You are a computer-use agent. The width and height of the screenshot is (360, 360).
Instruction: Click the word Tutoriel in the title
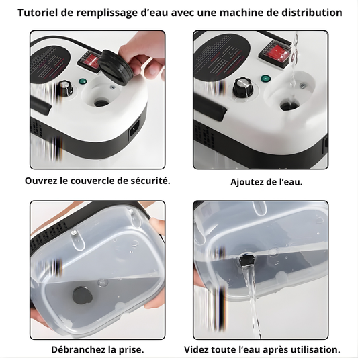[38, 12]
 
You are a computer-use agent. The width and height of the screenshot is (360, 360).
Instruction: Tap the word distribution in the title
[312, 12]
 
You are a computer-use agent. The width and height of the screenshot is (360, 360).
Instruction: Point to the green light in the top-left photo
[82, 81]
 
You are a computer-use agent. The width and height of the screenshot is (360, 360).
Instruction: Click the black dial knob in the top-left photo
[65, 88]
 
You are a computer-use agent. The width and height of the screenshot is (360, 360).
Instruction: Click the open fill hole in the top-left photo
[101, 102]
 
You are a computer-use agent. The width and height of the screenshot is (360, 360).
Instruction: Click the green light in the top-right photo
[265, 79]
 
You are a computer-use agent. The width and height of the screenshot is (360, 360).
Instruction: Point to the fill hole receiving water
[289, 105]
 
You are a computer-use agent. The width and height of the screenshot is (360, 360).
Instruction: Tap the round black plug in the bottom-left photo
[83, 295]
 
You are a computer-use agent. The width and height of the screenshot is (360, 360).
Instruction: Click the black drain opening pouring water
[247, 260]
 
